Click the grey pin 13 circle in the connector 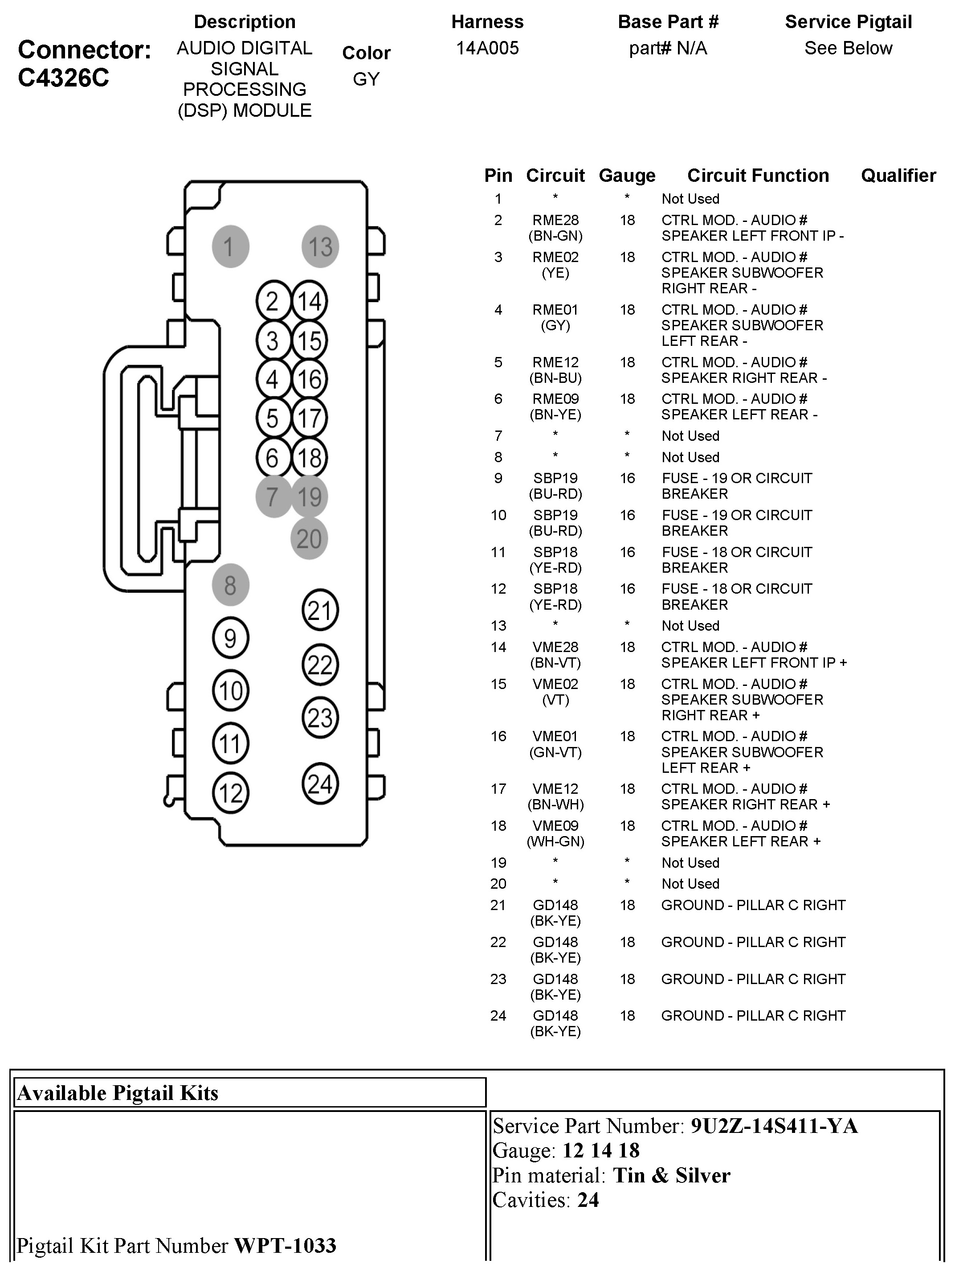tap(320, 246)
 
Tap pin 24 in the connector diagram tap(320, 784)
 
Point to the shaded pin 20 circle tap(309, 538)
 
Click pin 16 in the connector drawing tap(309, 379)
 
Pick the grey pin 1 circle tap(230, 246)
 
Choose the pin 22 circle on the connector tap(320, 665)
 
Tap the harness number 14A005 tap(487, 48)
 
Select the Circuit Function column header tap(757, 175)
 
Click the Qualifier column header tap(898, 175)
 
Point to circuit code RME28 tap(555, 220)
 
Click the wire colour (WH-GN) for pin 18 tap(555, 841)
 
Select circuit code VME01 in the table tap(555, 736)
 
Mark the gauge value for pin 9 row tap(627, 478)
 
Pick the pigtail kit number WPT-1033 tap(285, 1245)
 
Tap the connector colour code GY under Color tap(366, 79)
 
